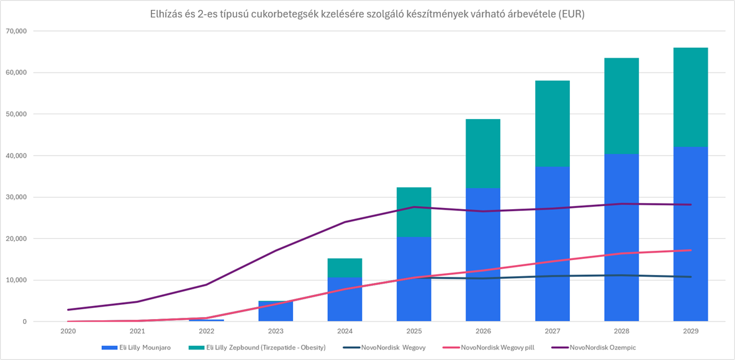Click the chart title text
tap(367, 14)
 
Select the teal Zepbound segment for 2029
tap(690, 97)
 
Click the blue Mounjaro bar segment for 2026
tap(483, 254)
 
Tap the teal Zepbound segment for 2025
tap(414, 212)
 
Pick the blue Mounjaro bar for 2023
tap(276, 311)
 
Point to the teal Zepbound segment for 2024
tap(345, 268)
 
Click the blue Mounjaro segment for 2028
tap(621, 238)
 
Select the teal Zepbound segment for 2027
tap(552, 124)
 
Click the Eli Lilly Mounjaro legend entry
tap(136, 348)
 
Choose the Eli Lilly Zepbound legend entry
tap(258, 348)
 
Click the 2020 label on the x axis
tap(68, 331)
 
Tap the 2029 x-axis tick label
tap(690, 331)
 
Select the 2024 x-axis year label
tap(345, 331)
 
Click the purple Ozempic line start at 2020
tap(68, 310)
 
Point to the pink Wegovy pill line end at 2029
tap(690, 250)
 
